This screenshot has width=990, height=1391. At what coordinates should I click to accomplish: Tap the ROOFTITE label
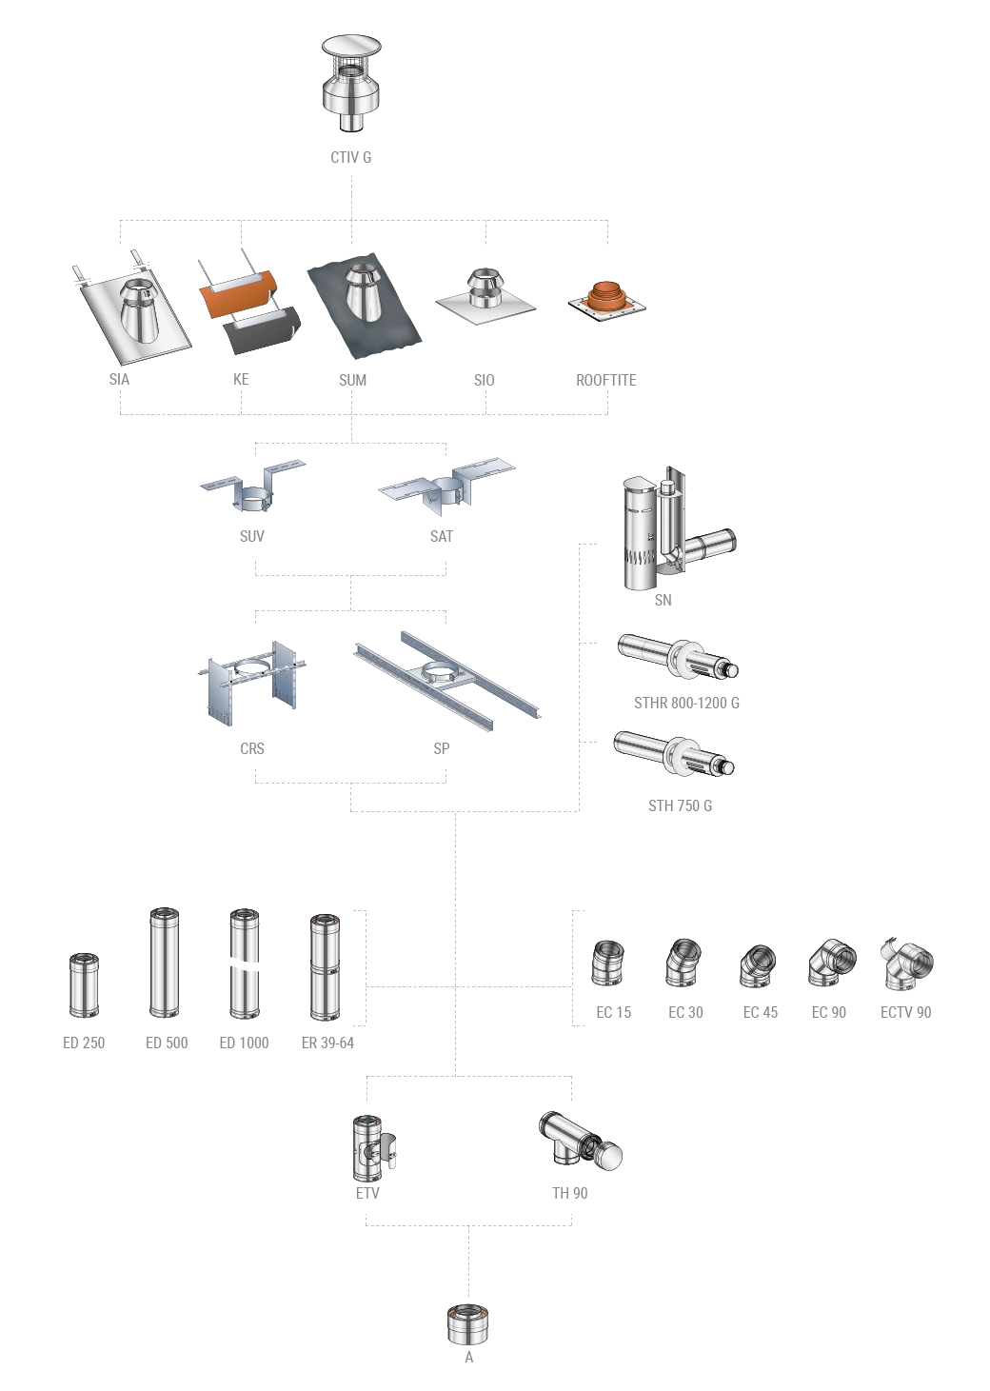pos(605,380)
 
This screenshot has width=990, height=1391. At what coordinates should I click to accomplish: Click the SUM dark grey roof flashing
pos(365,306)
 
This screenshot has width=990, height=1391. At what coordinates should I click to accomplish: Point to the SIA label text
pos(119,379)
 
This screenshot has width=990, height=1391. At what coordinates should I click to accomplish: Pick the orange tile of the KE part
pos(238,293)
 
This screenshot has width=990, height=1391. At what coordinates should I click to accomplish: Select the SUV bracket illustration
pos(252,487)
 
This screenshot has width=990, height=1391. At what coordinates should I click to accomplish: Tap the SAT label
pos(442,536)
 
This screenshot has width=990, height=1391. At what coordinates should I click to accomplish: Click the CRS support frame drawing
pos(252,684)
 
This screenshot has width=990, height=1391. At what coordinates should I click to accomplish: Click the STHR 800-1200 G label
pos(686,703)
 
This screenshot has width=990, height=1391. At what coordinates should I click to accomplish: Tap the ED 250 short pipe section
pos(84,984)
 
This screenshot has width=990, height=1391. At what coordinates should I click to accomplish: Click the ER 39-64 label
pos(327,1043)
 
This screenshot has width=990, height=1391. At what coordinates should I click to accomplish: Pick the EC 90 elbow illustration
pos(832,964)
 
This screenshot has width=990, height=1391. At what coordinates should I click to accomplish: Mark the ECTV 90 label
pos(905,1012)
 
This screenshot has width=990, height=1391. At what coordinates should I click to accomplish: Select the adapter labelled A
pos(468,1325)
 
